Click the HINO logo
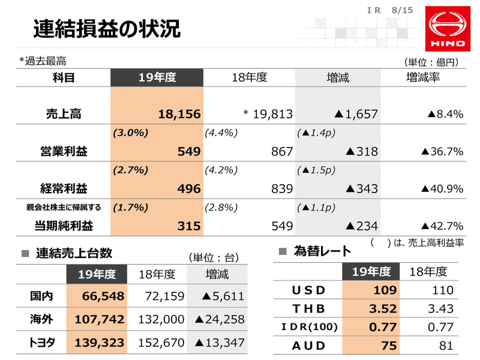click(449, 29)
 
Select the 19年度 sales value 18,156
click(179, 114)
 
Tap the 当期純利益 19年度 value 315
click(189, 226)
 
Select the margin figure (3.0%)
click(131, 133)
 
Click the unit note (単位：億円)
click(432, 61)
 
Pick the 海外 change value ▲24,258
click(220, 319)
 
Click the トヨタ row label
click(43, 343)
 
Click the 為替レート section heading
click(322, 251)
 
